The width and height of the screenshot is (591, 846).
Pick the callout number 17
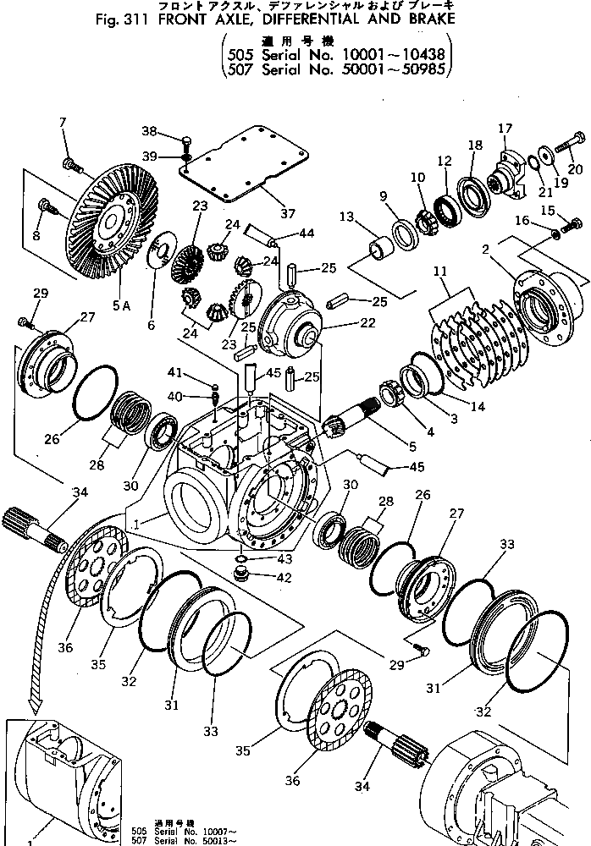click(x=505, y=129)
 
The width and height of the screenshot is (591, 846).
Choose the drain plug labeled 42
click(x=242, y=575)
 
